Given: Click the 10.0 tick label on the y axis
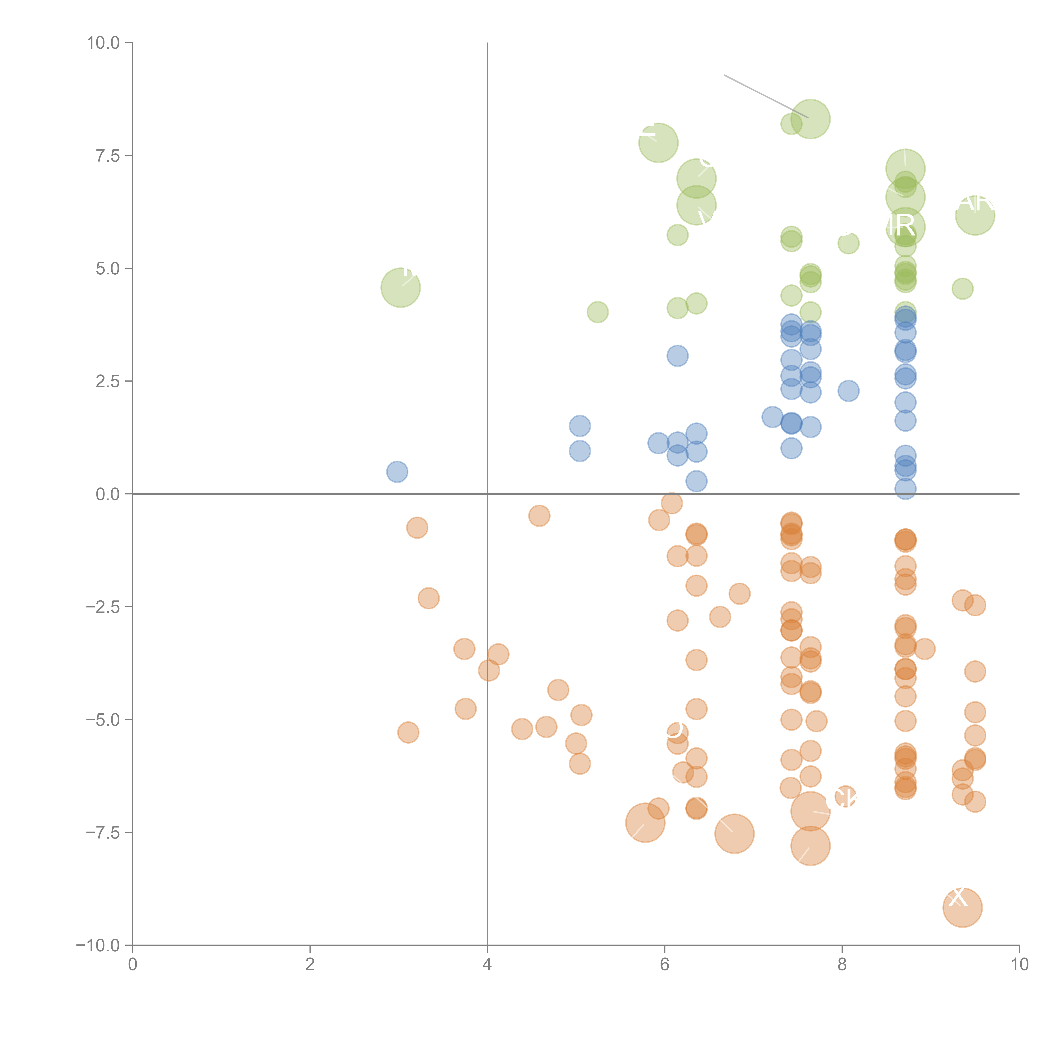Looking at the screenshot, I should (x=103, y=43).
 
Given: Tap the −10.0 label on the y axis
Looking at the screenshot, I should (x=99, y=945).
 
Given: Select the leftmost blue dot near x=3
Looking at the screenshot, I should (x=397, y=472).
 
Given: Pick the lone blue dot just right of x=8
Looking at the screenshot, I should (x=848, y=391).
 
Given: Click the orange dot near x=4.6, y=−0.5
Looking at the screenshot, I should (x=539, y=516).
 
